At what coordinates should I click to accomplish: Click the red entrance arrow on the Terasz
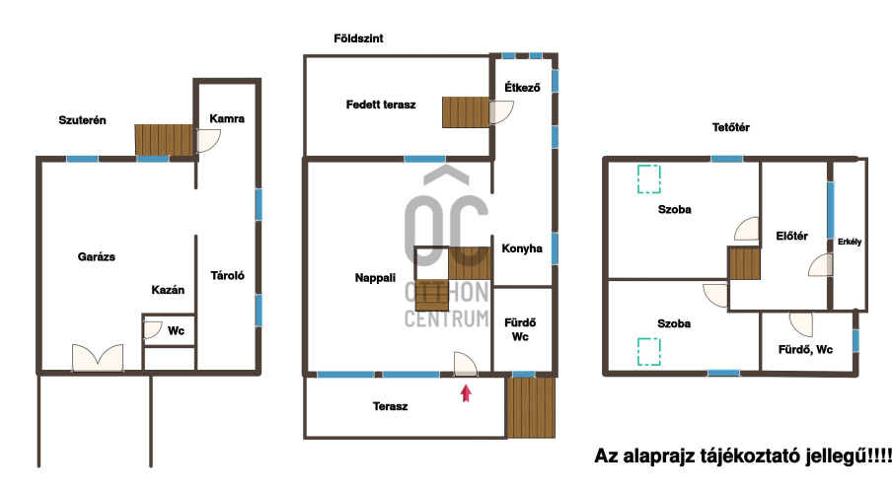[466, 393]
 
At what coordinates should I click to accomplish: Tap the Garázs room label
[97, 256]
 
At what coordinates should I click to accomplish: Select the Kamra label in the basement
[227, 118]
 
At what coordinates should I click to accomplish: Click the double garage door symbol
[98, 358]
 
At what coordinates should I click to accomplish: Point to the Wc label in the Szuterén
[176, 330]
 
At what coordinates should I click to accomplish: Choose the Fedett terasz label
[381, 105]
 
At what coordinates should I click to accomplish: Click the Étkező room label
[522, 87]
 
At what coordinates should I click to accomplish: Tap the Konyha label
[522, 248]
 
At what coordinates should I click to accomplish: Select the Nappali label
[375, 278]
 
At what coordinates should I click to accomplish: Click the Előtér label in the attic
[791, 236]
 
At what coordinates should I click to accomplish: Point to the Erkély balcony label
[850, 242]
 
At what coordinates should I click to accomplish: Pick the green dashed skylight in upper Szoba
[648, 178]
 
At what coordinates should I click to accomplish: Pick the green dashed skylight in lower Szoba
[648, 351]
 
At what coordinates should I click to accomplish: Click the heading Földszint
[358, 38]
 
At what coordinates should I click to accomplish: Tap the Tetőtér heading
[731, 127]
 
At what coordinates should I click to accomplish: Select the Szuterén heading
[82, 120]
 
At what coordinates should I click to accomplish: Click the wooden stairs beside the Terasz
[531, 407]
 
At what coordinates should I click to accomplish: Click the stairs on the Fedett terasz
[466, 112]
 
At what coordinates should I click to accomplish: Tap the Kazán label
[168, 290]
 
